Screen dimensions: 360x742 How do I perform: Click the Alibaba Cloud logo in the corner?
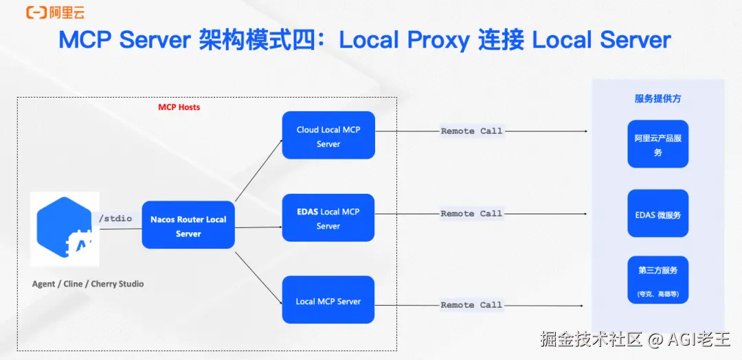coord(55,12)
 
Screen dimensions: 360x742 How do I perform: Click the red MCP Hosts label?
coord(179,107)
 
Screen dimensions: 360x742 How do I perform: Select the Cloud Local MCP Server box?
coord(328,136)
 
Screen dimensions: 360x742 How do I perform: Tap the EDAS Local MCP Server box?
coord(328,218)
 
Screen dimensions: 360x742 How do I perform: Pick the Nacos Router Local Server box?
coord(188,226)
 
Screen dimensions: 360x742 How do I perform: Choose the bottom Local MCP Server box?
coord(328,300)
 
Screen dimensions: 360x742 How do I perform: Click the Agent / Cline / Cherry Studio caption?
coord(88,284)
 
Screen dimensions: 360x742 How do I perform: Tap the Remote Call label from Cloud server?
coord(471,131)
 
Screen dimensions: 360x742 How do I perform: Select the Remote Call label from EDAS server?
coord(471,214)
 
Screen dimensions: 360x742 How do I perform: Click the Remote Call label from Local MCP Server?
coord(471,304)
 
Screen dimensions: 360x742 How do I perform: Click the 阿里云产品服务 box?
coord(657,144)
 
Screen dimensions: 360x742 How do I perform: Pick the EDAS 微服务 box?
coord(657,214)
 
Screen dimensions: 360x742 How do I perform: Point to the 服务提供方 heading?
coord(657,99)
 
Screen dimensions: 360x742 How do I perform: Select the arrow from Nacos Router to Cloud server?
coord(258,170)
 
